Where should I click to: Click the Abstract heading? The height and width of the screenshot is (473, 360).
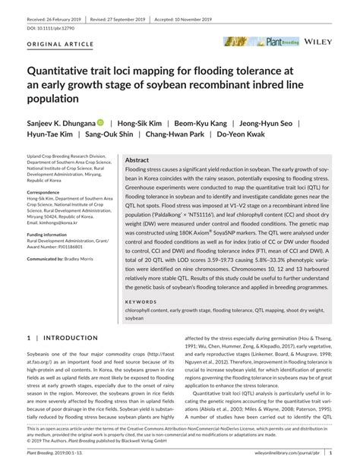point(137,160)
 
